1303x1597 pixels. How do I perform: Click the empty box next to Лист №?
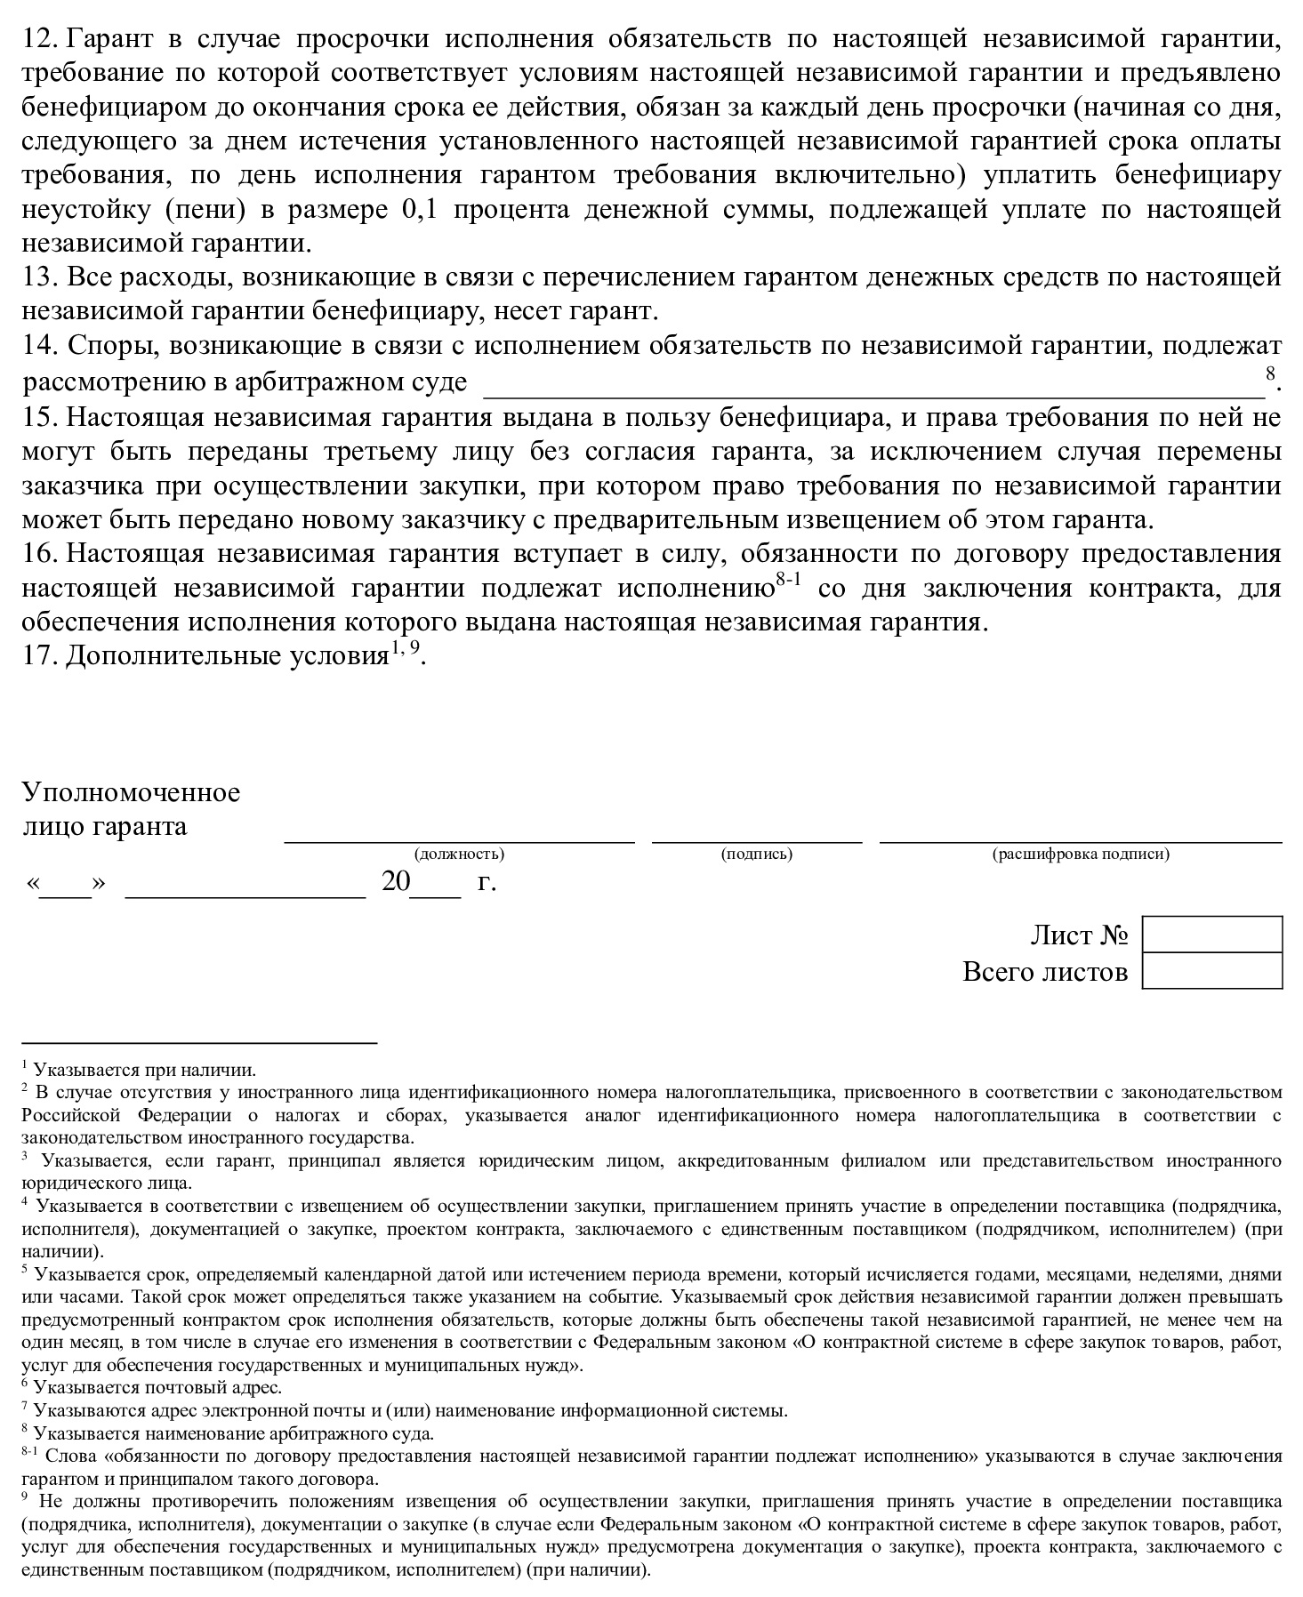[x=1211, y=935]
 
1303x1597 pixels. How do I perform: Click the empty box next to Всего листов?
[x=1211, y=971]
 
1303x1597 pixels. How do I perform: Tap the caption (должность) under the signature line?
[x=459, y=855]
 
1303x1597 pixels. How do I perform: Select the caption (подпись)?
[x=757, y=855]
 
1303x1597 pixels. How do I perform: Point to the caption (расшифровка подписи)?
[x=1081, y=855]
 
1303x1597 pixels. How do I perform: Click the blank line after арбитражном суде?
[x=872, y=384]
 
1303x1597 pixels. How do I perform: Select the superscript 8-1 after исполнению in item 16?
[x=788, y=581]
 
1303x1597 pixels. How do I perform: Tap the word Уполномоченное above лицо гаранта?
[x=131, y=792]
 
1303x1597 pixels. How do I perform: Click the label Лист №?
[x=1079, y=935]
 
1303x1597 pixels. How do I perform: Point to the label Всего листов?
[x=1045, y=972]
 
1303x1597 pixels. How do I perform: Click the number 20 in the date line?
[x=396, y=882]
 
